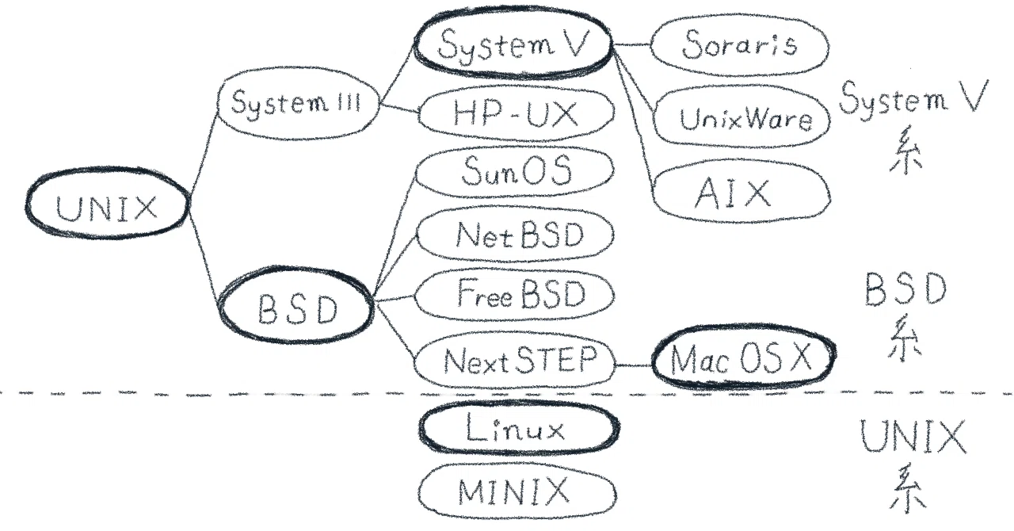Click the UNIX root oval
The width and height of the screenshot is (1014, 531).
click(108, 204)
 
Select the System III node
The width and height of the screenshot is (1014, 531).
click(297, 103)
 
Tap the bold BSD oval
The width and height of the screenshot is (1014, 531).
click(296, 305)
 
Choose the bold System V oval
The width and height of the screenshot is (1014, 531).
click(513, 43)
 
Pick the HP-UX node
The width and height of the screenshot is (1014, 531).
click(516, 113)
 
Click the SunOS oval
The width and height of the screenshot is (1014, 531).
click(515, 171)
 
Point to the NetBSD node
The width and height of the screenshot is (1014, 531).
click(515, 235)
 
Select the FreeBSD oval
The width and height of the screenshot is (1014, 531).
click(515, 295)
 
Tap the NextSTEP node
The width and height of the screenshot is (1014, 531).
click(515, 362)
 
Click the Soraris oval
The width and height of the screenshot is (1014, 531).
click(740, 45)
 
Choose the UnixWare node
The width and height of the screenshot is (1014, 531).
click(742, 118)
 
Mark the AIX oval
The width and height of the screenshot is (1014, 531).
click(741, 191)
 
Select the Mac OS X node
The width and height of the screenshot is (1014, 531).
click(744, 357)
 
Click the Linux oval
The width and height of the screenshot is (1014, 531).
click(519, 428)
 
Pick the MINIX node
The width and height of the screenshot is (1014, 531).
click(517, 491)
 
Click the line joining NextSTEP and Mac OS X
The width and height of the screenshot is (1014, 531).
click(634, 365)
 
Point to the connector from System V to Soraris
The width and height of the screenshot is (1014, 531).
click(631, 44)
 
